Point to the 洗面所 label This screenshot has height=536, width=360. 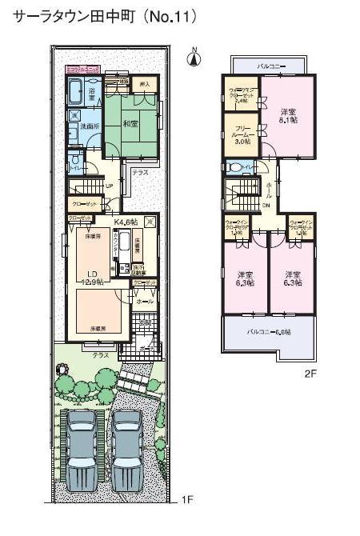[x=78, y=130]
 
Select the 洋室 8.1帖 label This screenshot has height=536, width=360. [x=289, y=115]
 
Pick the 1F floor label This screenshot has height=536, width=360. [x=187, y=501]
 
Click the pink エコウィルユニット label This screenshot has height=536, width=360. [x=82, y=70]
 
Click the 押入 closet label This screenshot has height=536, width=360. [x=144, y=83]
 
